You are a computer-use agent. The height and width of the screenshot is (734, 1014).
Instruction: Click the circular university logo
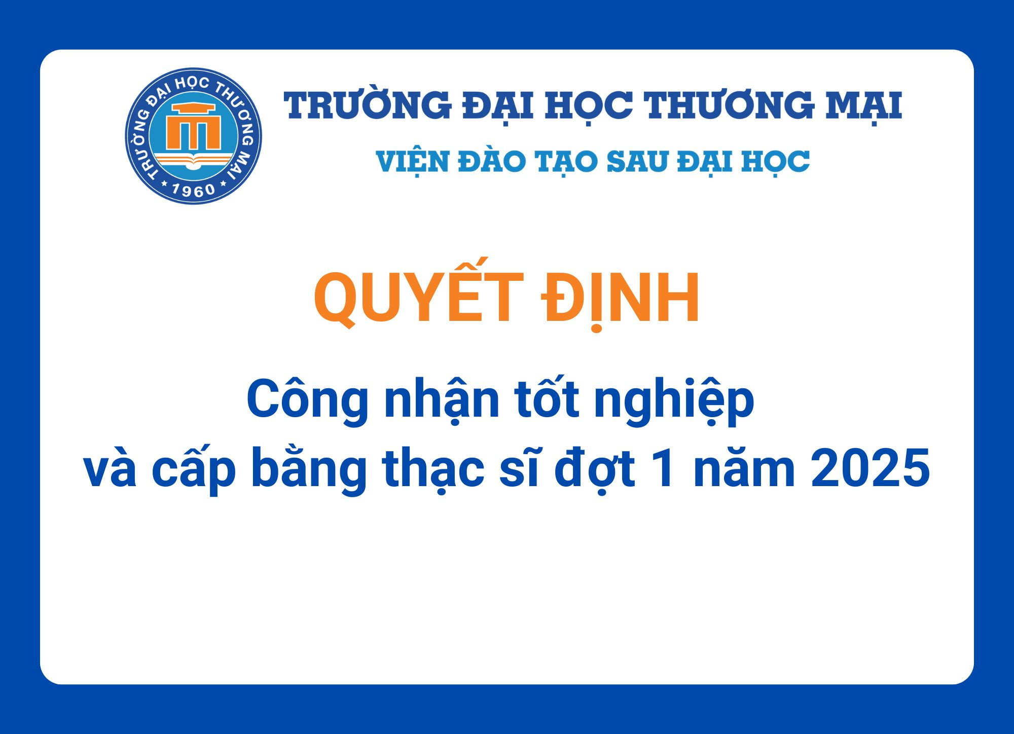(x=193, y=136)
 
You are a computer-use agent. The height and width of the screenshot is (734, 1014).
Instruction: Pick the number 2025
(x=870, y=469)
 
